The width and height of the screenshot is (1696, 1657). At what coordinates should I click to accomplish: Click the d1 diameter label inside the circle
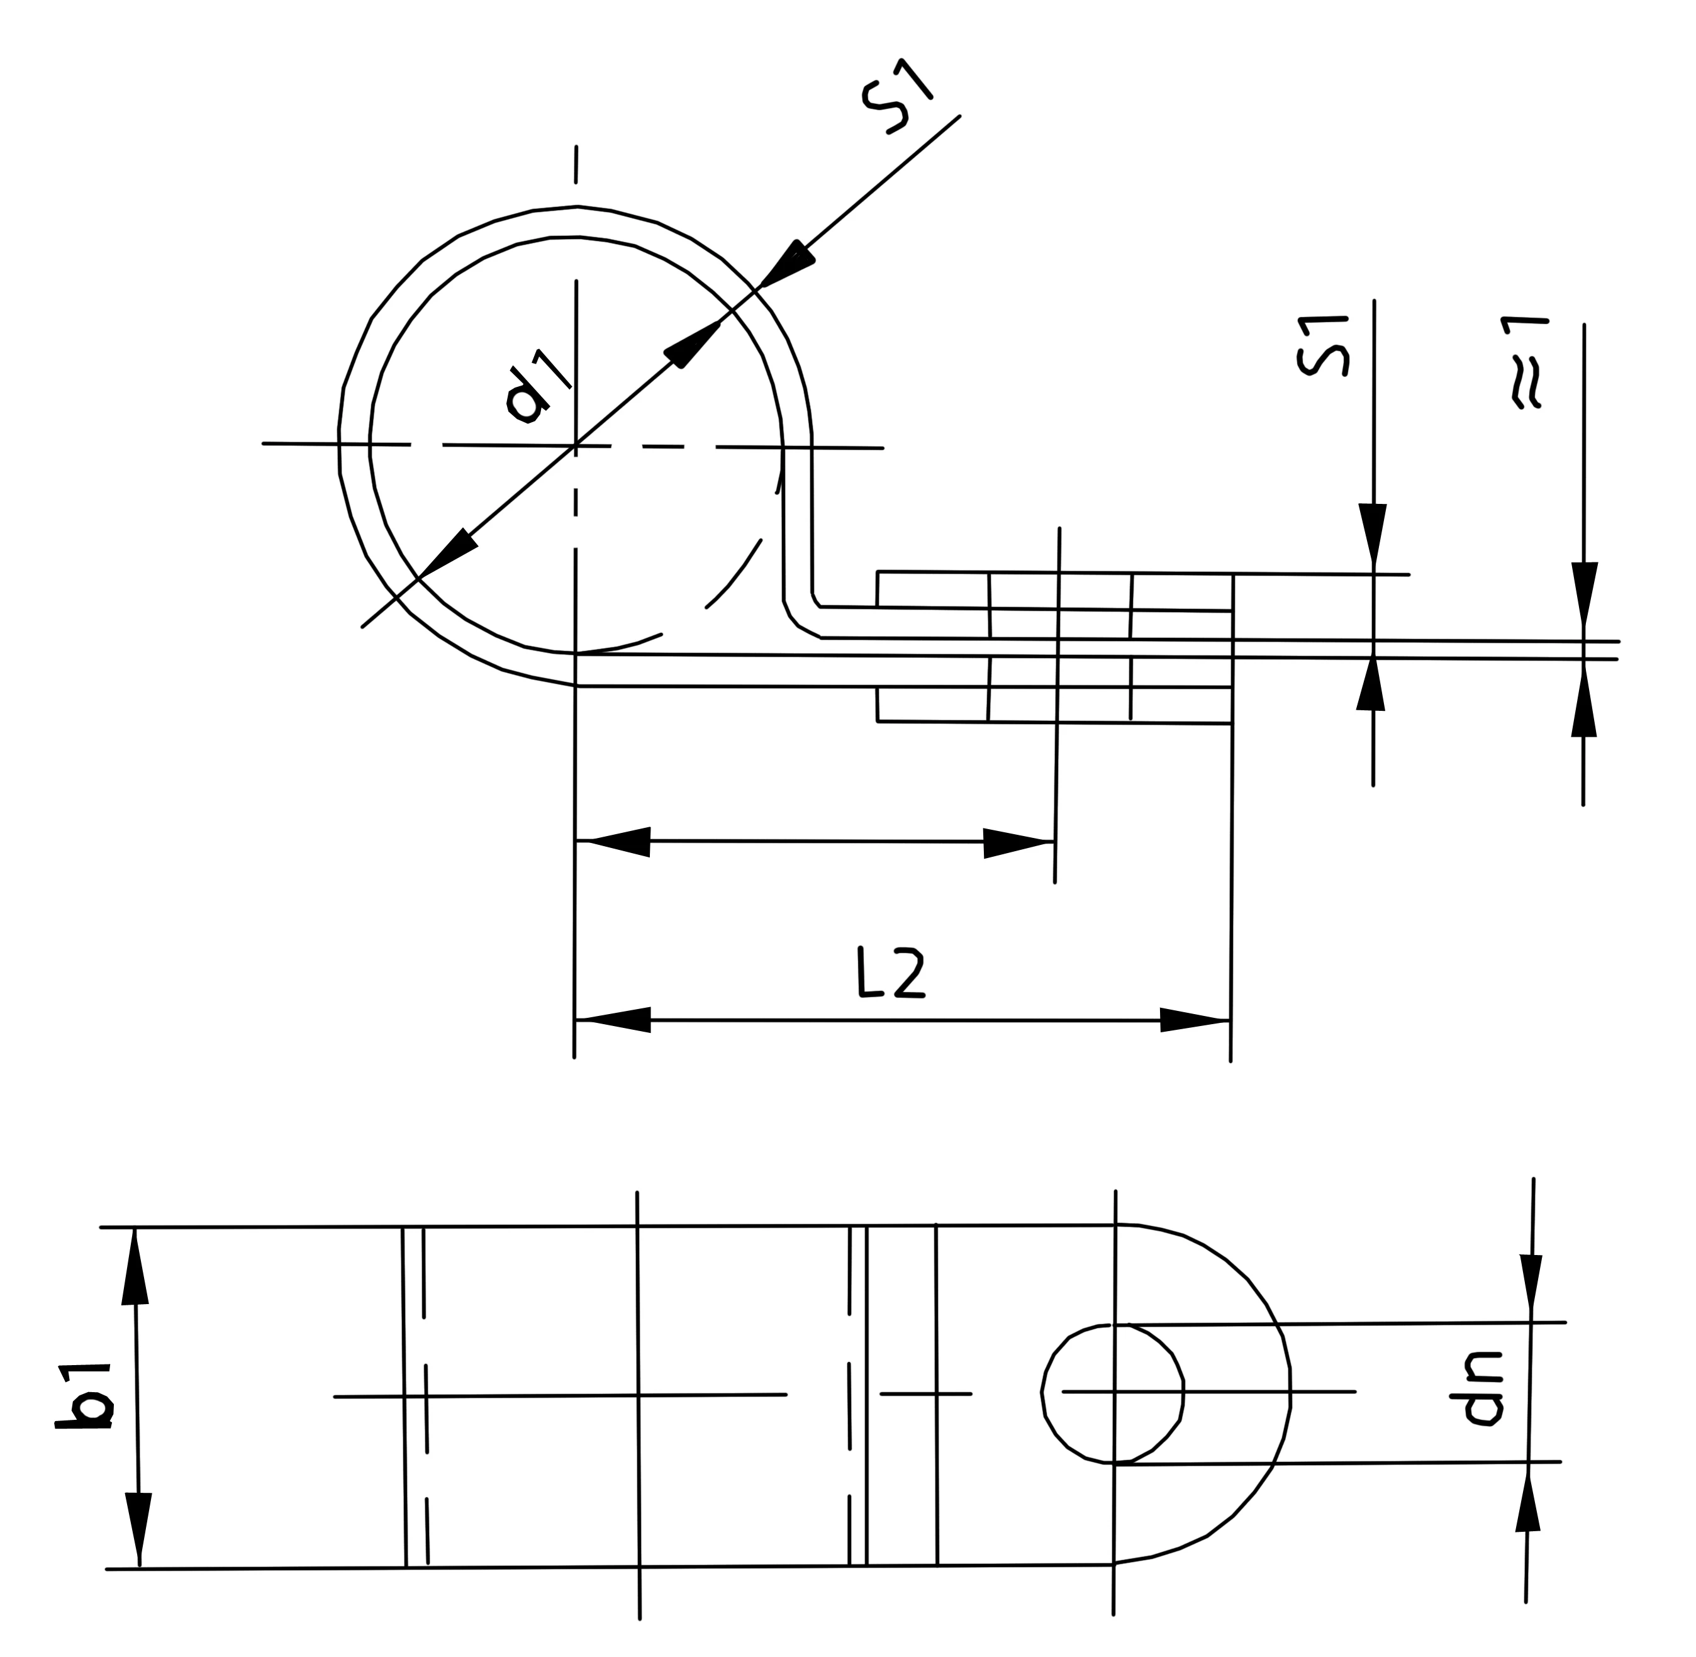(537, 389)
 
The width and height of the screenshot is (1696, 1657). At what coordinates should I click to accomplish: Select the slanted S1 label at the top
(897, 98)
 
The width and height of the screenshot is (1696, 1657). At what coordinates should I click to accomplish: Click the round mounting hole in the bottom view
(1113, 1392)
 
